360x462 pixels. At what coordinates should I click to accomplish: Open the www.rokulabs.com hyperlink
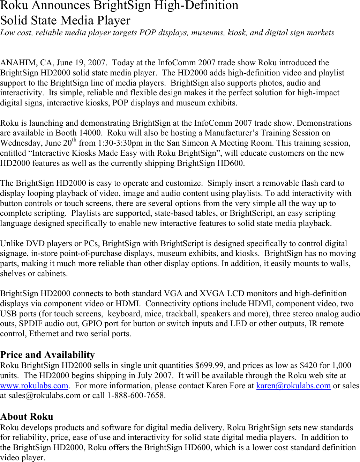34,386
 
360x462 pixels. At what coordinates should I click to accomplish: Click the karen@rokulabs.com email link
293,386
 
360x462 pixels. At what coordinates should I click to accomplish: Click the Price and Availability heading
47,355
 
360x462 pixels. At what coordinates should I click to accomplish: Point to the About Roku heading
27,417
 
